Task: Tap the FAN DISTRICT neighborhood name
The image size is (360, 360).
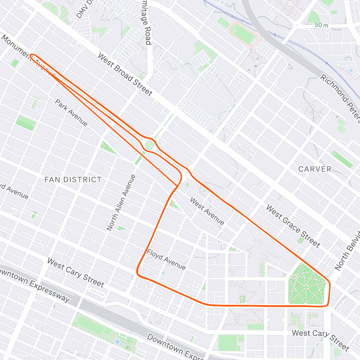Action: [73, 180]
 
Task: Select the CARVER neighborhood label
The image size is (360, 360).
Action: [315, 169]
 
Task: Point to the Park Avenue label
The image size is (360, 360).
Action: [71, 113]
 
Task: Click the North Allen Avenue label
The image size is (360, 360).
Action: [121, 203]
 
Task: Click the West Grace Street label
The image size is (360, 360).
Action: [293, 226]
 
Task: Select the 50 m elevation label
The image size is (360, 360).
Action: [321, 25]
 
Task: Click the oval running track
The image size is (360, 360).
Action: [243, 34]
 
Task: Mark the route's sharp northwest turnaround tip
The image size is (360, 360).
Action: [31, 55]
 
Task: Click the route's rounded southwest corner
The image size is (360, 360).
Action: [138, 274]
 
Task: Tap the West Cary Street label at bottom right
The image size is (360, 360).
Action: [320, 340]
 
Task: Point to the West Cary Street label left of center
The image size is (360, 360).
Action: [76, 272]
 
